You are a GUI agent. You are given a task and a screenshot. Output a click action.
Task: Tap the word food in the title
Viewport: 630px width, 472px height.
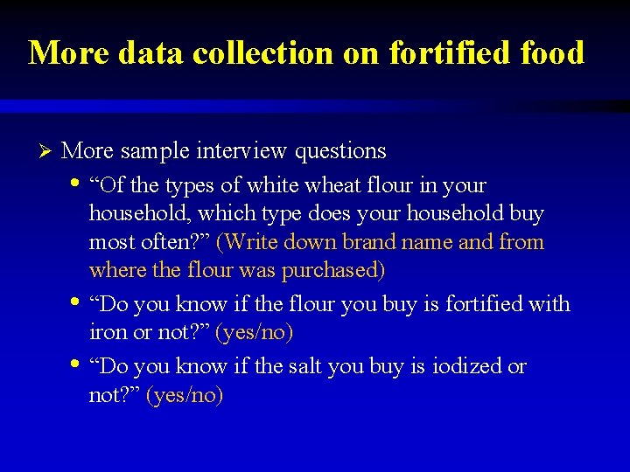pyautogui.click(x=548, y=53)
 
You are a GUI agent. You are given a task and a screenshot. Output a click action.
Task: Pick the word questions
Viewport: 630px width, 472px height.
pyautogui.click(x=340, y=152)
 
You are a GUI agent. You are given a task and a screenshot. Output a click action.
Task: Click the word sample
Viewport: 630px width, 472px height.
pyautogui.click(x=155, y=152)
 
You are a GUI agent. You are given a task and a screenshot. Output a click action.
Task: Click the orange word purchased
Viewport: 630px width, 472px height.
pyautogui.click(x=332, y=271)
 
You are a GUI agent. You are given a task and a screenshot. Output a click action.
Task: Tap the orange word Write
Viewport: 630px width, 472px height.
pyautogui.click(x=249, y=242)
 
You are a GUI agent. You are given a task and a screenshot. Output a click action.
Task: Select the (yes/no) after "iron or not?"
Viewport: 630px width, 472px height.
pyautogui.click(x=254, y=333)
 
